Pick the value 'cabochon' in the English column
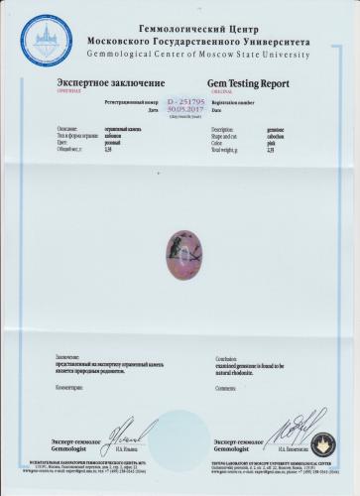(281, 136)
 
